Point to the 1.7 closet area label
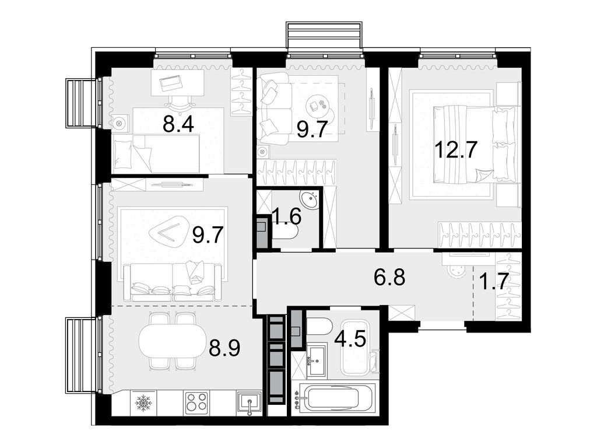(493, 282)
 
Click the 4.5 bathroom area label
(350, 339)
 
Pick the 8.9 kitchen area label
(224, 348)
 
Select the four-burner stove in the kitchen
(196, 403)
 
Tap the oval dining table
(170, 341)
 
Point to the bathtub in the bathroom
(334, 397)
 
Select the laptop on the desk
(170, 83)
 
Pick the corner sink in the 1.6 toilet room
(310, 200)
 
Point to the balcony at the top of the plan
(324, 35)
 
